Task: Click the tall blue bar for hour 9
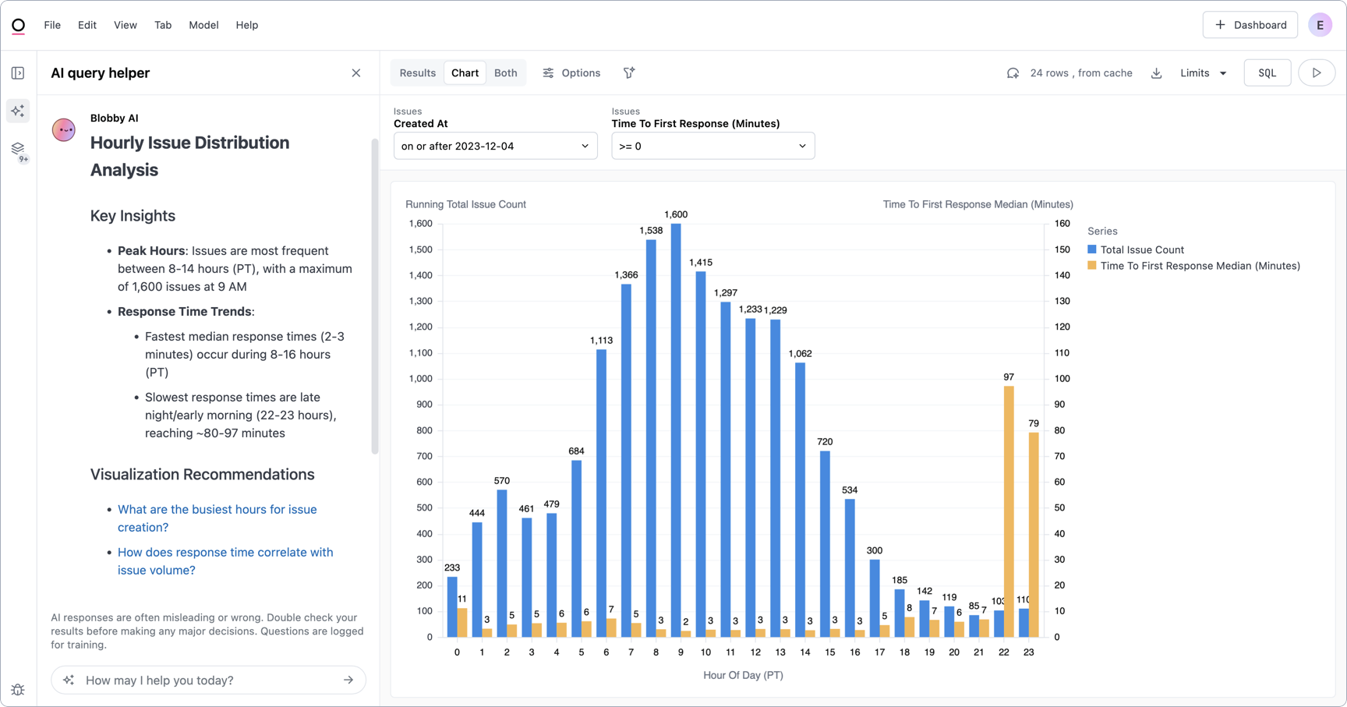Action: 676,429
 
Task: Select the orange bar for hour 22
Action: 1009,511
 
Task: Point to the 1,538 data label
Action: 651,231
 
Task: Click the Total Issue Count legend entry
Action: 1141,250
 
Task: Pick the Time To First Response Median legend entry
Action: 1199,266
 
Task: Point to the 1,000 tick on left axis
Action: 420,379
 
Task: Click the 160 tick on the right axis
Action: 1062,224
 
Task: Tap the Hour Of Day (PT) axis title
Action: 743,675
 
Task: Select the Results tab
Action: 417,73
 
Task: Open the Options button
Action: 571,73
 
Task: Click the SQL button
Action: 1267,73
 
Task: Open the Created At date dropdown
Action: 495,147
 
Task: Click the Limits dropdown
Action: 1203,73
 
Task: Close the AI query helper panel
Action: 356,73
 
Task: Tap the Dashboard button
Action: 1250,25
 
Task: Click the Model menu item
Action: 203,25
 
